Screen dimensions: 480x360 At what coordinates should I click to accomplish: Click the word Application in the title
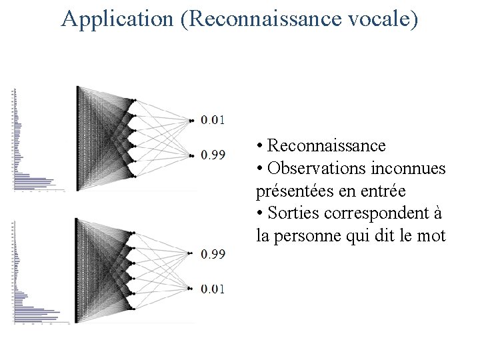(117, 19)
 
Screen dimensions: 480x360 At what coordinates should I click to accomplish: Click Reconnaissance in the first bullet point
(326, 145)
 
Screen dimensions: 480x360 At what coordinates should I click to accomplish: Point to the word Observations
(316, 168)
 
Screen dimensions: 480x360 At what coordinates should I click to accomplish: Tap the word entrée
(383, 191)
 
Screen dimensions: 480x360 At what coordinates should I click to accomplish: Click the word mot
(432, 235)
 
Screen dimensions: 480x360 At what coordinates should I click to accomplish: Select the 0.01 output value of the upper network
(213, 120)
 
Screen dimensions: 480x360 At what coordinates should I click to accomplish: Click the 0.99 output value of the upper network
(213, 155)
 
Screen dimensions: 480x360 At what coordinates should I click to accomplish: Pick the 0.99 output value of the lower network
(213, 254)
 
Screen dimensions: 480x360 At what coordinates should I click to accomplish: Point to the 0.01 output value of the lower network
(213, 289)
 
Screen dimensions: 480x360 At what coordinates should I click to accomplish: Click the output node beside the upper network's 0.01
(191, 121)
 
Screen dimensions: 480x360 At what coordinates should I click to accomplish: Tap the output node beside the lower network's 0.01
(191, 289)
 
